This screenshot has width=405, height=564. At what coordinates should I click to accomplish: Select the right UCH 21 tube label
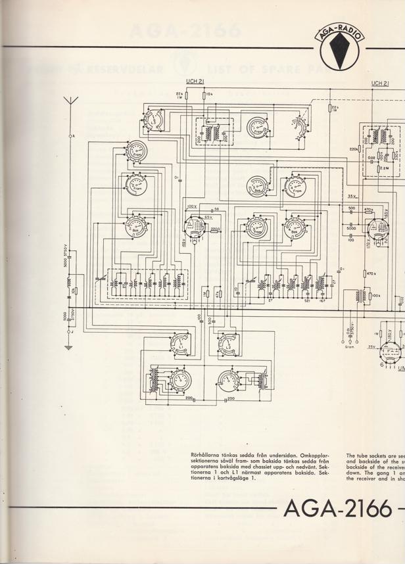tap(380, 83)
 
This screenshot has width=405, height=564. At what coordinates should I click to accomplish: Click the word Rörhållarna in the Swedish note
tap(203, 455)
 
